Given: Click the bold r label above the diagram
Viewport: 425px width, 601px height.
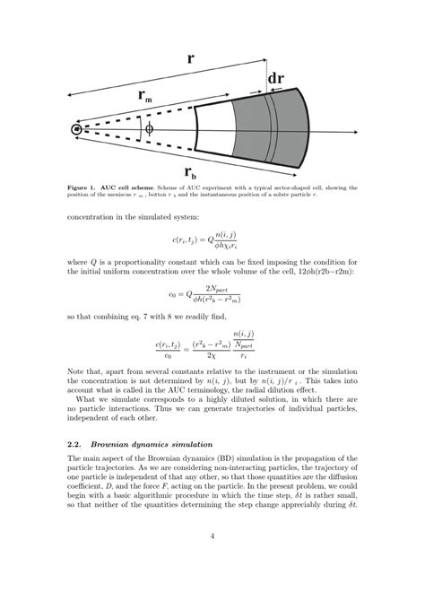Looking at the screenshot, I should (x=190, y=58).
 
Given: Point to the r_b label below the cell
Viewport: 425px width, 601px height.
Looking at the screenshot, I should (x=191, y=170).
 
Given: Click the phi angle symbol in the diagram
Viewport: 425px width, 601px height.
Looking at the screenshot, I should (x=148, y=129).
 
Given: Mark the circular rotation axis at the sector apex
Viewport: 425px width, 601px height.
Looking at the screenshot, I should (x=77, y=130).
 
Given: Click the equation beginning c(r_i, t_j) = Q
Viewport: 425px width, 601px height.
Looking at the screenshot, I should (x=212, y=240).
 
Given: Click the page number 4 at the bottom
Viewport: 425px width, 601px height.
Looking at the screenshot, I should (x=212, y=563).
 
